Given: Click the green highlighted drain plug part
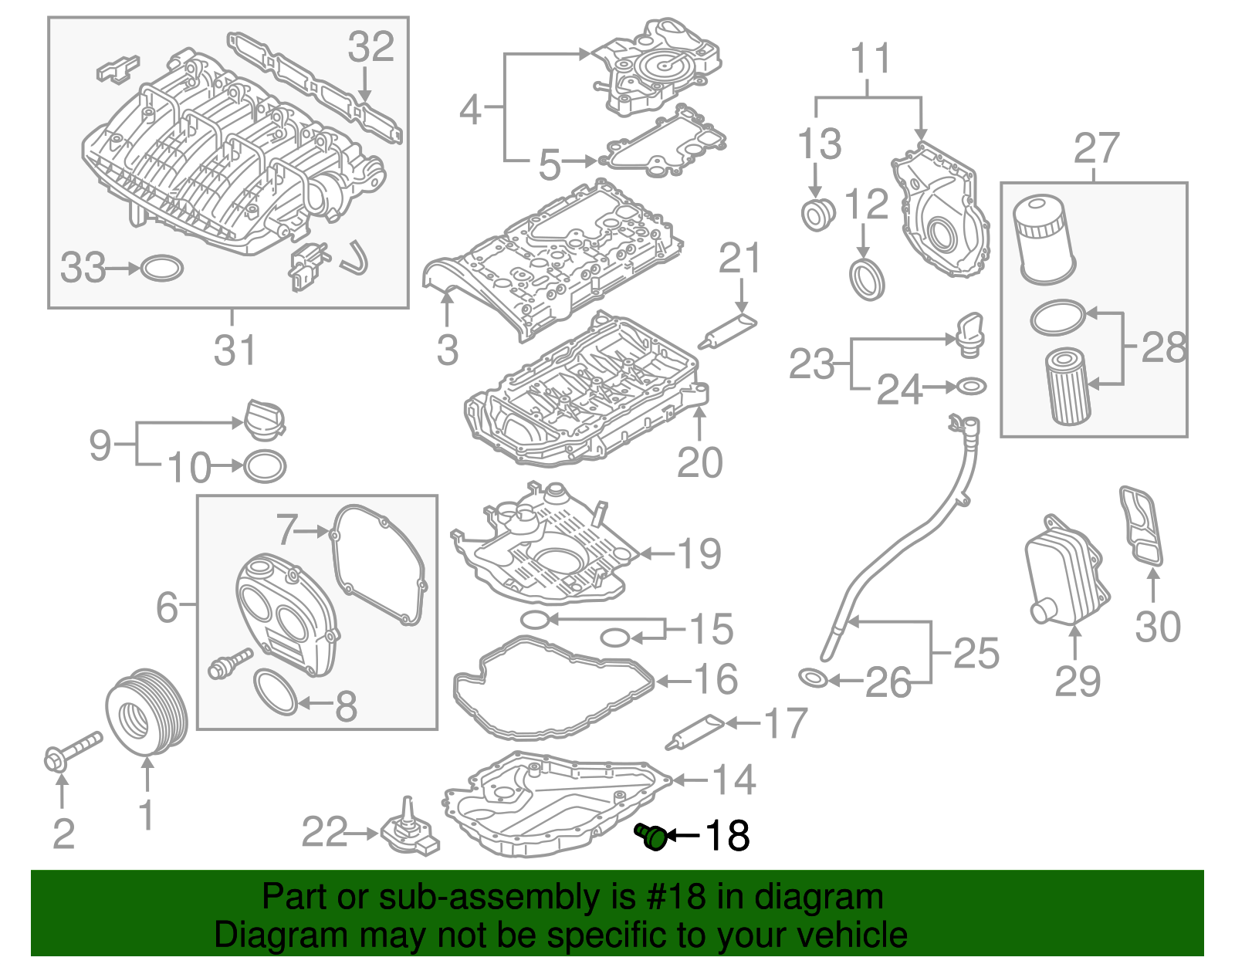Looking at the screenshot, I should pos(652,836).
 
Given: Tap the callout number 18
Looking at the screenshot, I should pos(726,835).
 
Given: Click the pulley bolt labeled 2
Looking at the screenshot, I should pos(71,752).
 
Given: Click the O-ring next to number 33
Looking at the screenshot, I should pos(163,268).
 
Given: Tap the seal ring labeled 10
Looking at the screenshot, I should pos(265,465).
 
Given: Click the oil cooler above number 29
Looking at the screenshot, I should pos(1066,572).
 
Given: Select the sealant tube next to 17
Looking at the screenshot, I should pos(695,730).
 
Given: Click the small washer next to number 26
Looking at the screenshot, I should pos(814,678).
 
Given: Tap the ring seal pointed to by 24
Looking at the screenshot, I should pos(971,385).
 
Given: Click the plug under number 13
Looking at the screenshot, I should pos(817,215).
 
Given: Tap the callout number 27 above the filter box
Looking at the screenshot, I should pos(1095,148).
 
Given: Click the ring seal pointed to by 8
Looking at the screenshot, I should pos(275,692).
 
